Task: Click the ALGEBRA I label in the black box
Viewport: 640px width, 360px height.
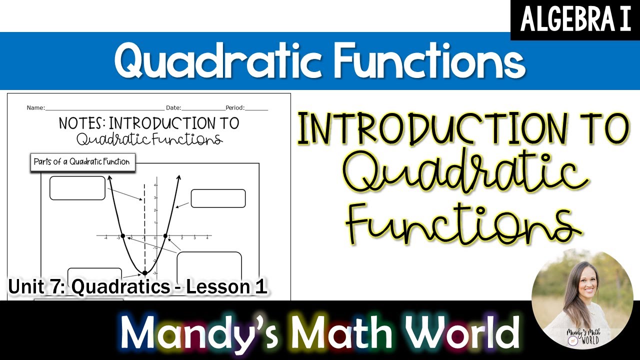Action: tap(575, 20)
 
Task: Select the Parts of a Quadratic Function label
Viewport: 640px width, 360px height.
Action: tap(81, 162)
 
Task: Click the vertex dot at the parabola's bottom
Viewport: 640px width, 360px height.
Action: tap(145, 272)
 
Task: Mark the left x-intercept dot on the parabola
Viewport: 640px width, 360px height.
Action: tap(122, 235)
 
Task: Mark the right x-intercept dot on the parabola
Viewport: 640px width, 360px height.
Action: tap(165, 235)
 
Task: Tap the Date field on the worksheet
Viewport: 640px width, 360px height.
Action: tap(202, 107)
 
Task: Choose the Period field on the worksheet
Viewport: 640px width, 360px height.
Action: tap(256, 107)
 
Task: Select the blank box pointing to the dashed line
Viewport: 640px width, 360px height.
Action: tap(77, 188)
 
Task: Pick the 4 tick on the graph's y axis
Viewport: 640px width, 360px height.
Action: tap(155, 185)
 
